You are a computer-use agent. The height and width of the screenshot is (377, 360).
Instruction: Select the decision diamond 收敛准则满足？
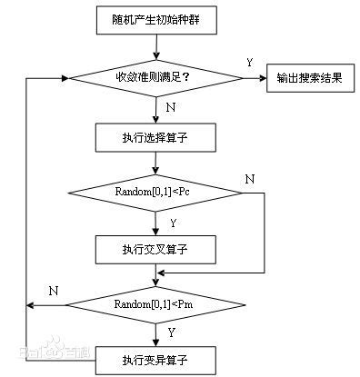click(x=155, y=76)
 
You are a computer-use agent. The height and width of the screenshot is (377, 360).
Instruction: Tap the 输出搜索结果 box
click(x=309, y=77)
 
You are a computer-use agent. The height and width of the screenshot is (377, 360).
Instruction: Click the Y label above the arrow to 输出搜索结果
click(x=249, y=63)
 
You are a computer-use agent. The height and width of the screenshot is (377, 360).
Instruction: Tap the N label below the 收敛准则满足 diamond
click(x=171, y=108)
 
